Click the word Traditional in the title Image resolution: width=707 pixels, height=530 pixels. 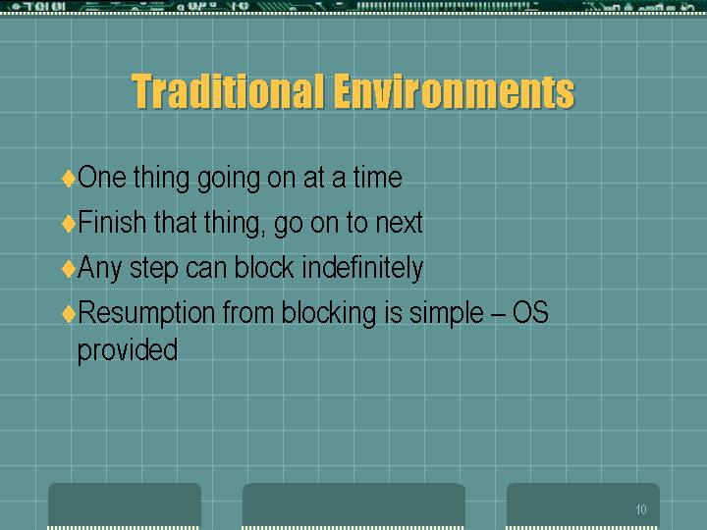point(228,91)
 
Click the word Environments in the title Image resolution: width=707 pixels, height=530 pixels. point(455,91)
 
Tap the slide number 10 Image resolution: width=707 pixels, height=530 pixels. point(641,509)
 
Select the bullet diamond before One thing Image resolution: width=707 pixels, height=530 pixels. point(69,178)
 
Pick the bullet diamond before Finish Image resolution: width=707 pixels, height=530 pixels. point(69,223)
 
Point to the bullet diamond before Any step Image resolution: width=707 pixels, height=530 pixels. point(69,269)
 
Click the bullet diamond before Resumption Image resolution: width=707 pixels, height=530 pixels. point(69,314)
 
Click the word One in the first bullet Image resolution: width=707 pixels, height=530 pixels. point(102,177)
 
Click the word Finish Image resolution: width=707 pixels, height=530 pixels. point(112,222)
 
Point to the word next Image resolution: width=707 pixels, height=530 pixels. point(399,223)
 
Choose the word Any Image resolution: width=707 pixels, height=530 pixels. point(99,269)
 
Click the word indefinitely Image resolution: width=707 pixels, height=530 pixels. point(362,269)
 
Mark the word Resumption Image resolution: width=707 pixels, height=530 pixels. point(146,314)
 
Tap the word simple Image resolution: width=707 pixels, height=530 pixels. point(447,314)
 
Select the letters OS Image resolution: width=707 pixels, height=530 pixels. point(530,312)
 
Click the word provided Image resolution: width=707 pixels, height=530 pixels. point(128,351)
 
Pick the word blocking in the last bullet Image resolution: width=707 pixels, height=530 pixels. point(329,314)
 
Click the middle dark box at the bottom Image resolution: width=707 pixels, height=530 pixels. point(353,505)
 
